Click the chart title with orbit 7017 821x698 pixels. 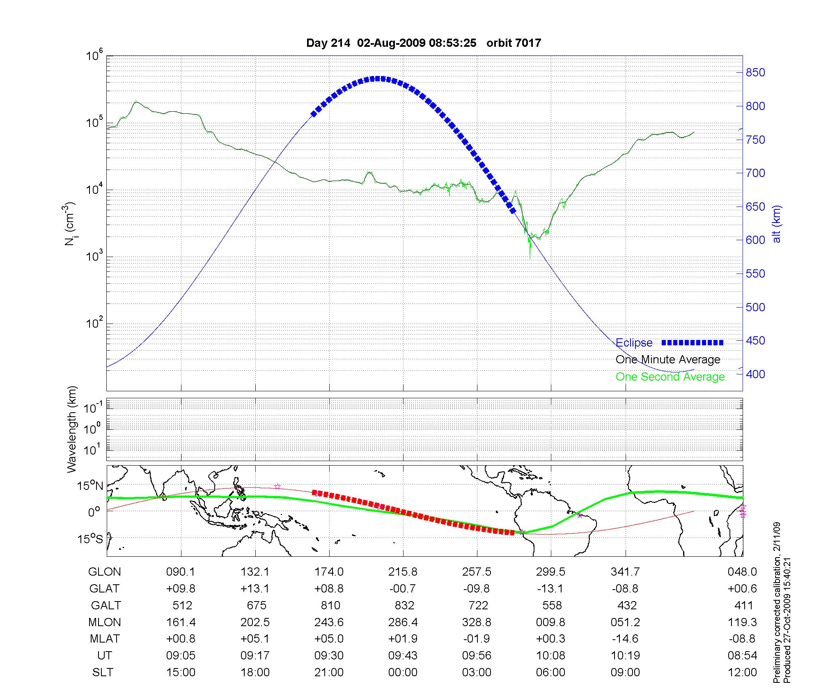coord(424,43)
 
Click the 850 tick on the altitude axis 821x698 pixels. coord(755,73)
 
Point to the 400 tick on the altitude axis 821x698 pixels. coord(755,374)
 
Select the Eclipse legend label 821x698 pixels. coord(634,343)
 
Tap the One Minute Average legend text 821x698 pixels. coord(668,360)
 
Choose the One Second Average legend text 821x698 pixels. coord(670,377)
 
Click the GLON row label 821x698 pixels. coord(105,572)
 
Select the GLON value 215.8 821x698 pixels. coord(403,572)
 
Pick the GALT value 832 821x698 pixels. coord(404,606)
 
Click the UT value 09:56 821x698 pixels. coord(477,656)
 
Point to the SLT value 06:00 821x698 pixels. coord(551,673)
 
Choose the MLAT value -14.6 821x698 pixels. coord(625,639)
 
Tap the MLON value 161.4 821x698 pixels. coord(181,622)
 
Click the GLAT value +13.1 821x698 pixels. coord(255,589)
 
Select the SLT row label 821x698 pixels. coord(103,673)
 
